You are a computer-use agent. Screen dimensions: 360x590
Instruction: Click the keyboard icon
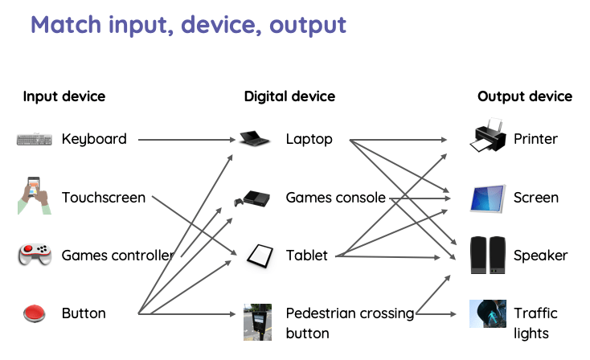[x=34, y=140]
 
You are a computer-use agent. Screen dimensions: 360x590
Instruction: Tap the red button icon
[x=35, y=313]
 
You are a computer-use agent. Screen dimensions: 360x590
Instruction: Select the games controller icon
[x=35, y=256]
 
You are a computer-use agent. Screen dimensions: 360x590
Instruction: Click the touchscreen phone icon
[x=33, y=196]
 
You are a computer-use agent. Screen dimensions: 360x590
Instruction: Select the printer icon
[x=489, y=137]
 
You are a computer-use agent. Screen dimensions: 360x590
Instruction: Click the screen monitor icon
[x=488, y=198]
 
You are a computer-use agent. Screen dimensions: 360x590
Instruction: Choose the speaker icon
[x=488, y=254]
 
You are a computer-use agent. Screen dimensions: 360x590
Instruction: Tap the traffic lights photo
[x=488, y=313]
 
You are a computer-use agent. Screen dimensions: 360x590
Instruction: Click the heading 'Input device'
[x=64, y=96]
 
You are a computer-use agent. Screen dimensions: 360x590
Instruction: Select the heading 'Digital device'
[x=289, y=96]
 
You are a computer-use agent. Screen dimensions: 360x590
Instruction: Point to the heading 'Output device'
[x=525, y=96]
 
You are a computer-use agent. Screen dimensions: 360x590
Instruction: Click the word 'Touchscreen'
[x=104, y=198]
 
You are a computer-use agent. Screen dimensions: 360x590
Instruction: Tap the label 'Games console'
[x=335, y=198]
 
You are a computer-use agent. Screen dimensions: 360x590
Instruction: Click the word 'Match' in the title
[x=66, y=24]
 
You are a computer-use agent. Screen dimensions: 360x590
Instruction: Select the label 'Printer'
[x=535, y=139]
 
